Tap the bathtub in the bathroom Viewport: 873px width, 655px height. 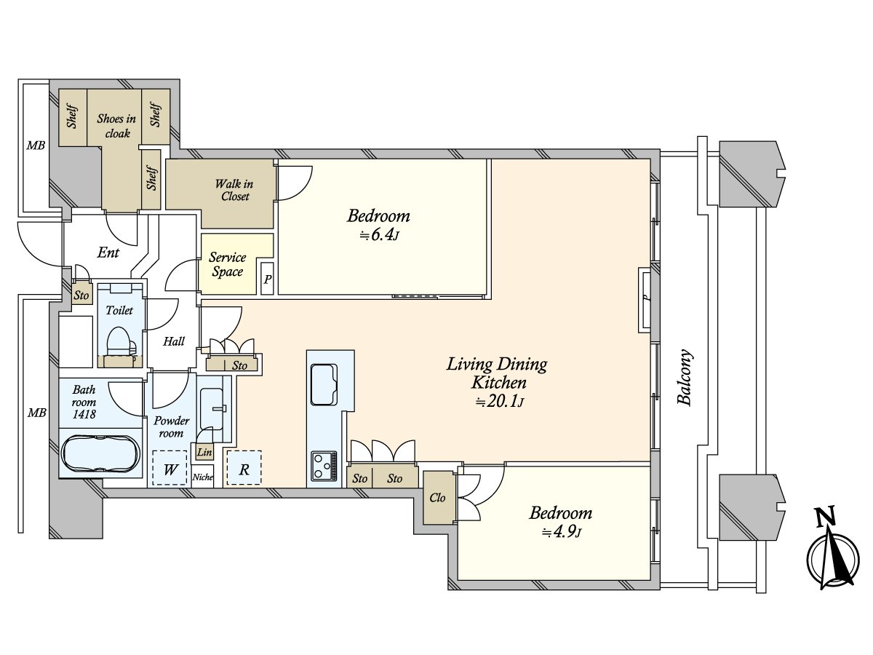[x=101, y=453]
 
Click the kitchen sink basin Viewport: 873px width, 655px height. [x=324, y=384]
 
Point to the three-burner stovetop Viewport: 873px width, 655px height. [x=324, y=465]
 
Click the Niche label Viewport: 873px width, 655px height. [x=203, y=477]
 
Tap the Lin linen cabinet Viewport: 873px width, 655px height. [x=204, y=452]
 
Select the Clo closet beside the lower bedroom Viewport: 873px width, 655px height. [x=438, y=498]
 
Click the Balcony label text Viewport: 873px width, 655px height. [x=685, y=377]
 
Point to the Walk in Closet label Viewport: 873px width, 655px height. [x=234, y=190]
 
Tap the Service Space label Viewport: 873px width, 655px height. [x=227, y=264]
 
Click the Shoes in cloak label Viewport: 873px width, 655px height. [x=116, y=126]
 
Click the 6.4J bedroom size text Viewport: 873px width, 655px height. [x=379, y=235]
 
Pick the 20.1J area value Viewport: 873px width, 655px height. [x=500, y=402]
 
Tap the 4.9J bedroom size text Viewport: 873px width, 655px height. [x=562, y=532]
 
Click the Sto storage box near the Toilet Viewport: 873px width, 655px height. [x=81, y=295]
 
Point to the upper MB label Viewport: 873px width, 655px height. [x=36, y=146]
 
